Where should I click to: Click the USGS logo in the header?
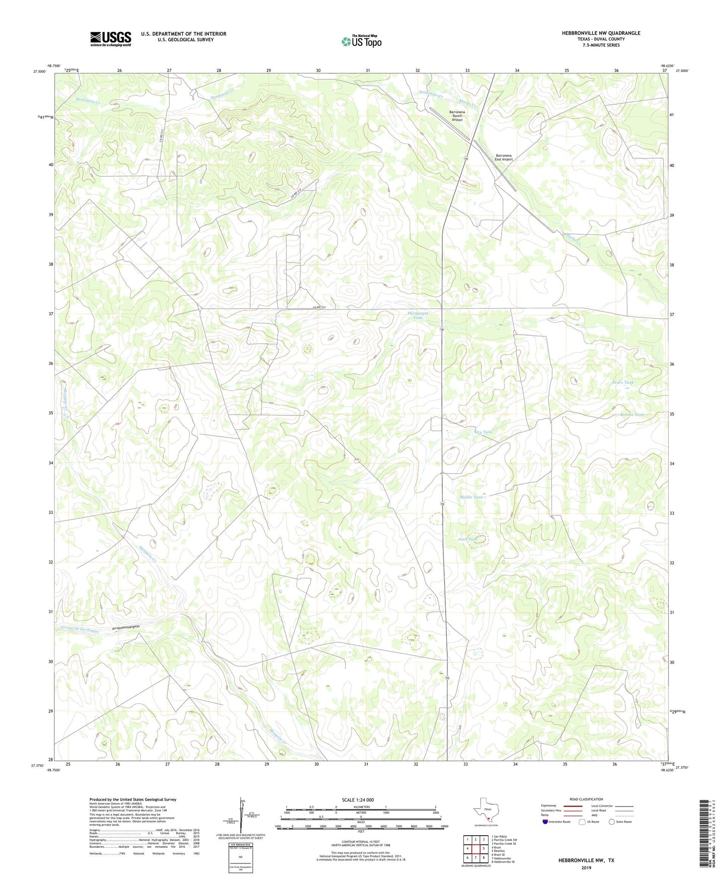tap(111, 39)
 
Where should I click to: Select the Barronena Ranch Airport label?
tap(457, 116)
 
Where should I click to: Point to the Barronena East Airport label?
tap(504, 157)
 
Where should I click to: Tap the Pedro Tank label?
tap(623, 382)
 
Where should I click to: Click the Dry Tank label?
tap(483, 432)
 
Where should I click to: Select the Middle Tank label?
tap(472, 497)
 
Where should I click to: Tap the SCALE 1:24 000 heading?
tap(361, 800)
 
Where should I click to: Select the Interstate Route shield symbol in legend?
tap(545, 822)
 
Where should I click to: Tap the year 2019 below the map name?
tap(586, 867)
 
